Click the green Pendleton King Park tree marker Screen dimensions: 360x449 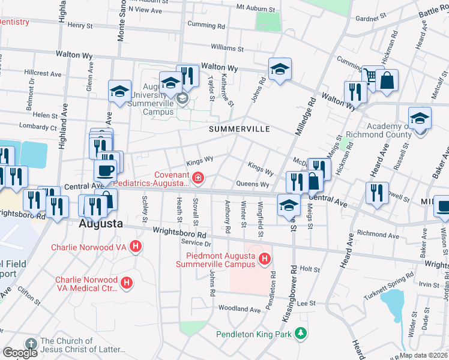point(300,333)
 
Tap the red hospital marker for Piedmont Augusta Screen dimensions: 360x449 point(264,259)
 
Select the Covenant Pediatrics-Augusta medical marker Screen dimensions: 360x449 point(197,178)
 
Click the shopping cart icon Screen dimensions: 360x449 point(372,76)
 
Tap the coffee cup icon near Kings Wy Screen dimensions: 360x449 point(106,170)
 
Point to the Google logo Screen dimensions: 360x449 point(20,353)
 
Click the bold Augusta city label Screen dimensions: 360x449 point(101,224)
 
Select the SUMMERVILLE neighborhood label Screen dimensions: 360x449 point(240,129)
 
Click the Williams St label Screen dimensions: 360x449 point(227,47)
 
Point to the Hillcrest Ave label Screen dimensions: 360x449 point(43,74)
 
